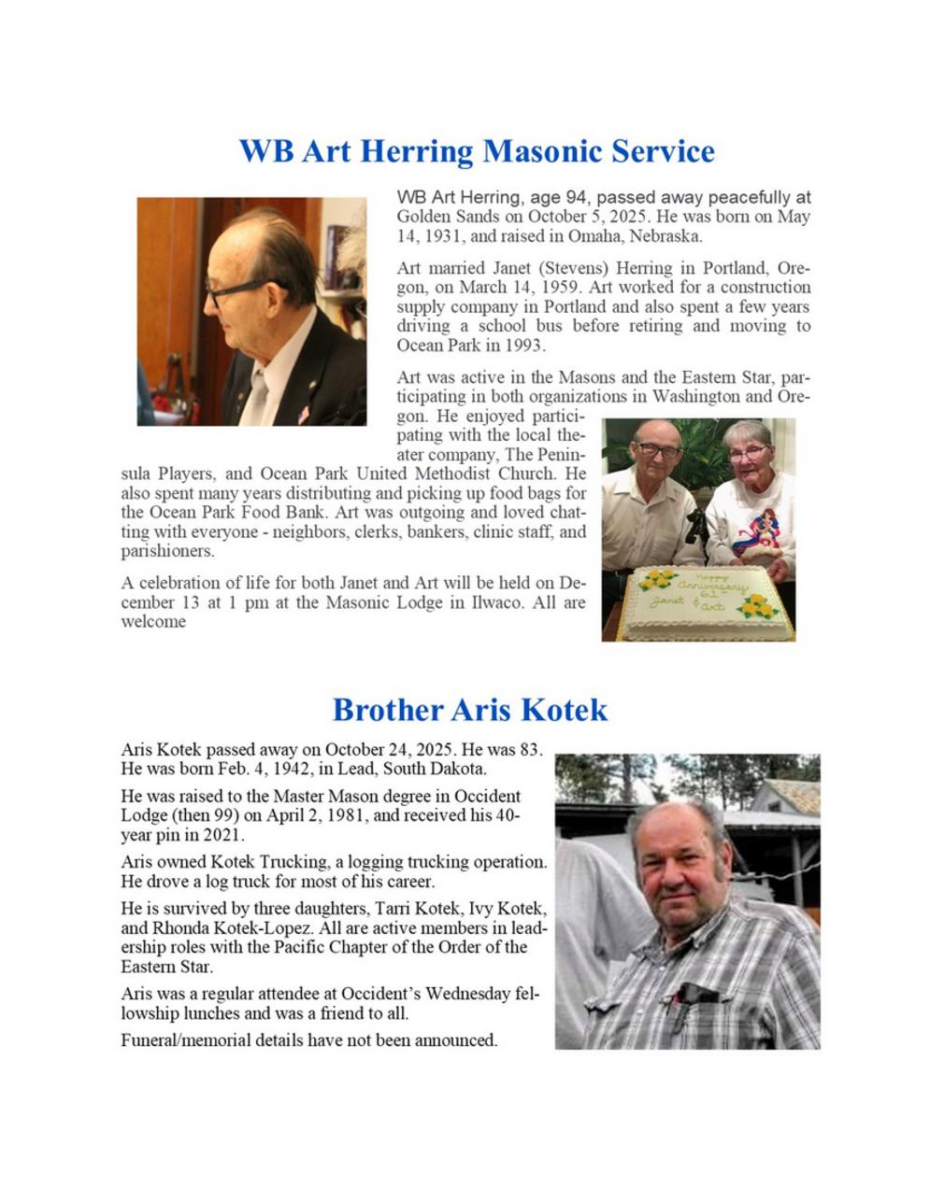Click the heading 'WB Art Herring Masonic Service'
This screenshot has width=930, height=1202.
coord(476,151)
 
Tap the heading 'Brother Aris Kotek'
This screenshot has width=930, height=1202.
coord(469,710)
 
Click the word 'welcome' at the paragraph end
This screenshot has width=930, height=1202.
coord(153,622)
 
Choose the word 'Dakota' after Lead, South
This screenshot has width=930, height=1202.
coord(457,769)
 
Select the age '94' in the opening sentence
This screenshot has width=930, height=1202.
coord(575,197)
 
